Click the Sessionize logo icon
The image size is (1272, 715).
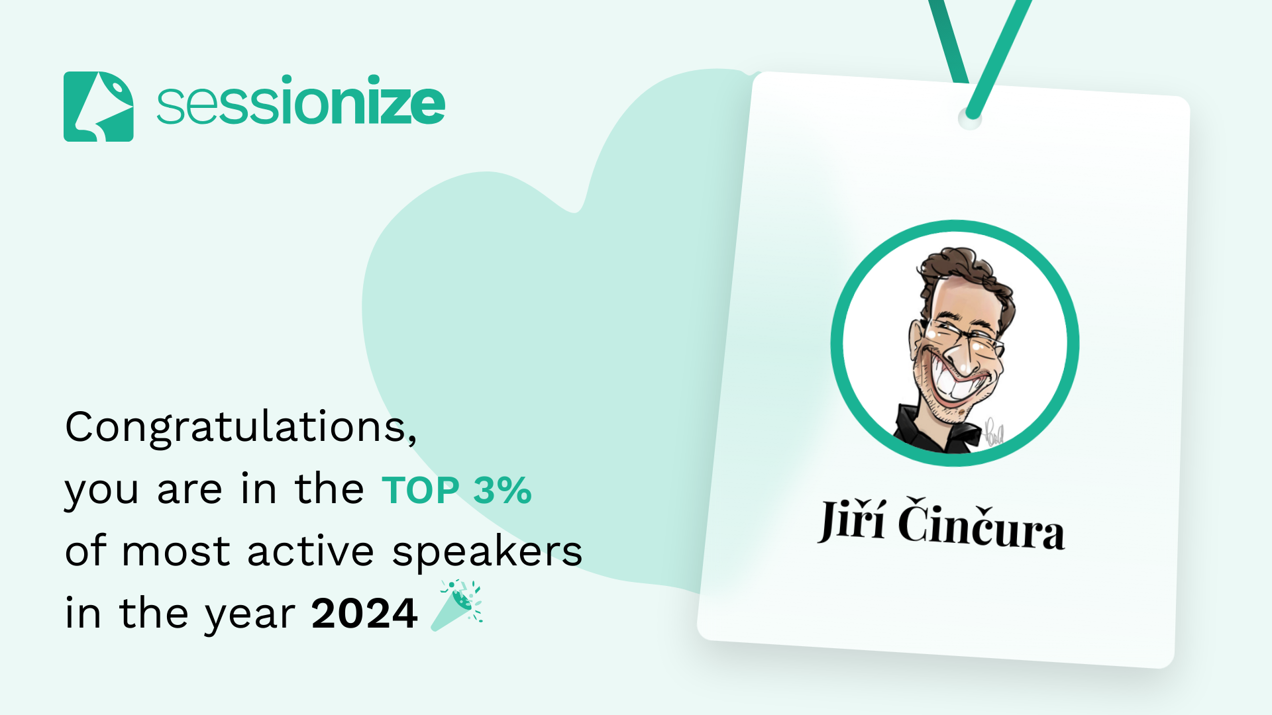98,107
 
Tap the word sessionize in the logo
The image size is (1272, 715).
301,101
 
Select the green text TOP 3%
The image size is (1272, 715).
456,491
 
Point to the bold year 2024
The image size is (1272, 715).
364,614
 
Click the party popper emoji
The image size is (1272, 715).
457,606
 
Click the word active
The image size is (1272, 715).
311,551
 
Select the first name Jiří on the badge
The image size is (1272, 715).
852,520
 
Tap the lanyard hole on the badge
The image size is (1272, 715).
970,119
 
